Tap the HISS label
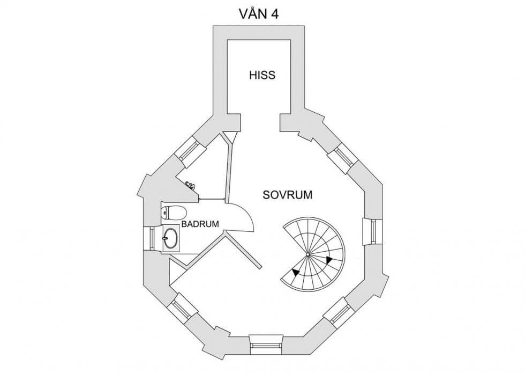[262, 75]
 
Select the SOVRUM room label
[287, 195]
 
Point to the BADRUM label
[200, 224]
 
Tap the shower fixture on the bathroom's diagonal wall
[190, 185]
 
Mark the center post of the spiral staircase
[308, 254]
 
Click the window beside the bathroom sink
[149, 237]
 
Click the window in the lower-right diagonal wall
[340, 313]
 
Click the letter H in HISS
[252, 75]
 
